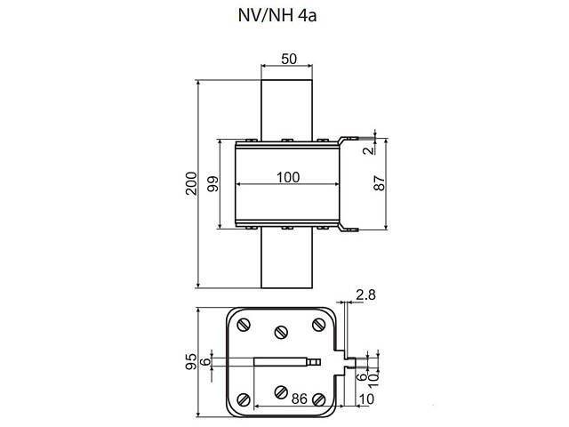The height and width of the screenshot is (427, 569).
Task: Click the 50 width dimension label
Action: (288, 59)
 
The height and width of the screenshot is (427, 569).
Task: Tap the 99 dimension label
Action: (212, 184)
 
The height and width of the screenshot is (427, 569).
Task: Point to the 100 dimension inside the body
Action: (286, 177)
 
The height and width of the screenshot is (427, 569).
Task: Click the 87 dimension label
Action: (380, 184)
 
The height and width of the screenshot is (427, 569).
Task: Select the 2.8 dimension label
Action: (365, 294)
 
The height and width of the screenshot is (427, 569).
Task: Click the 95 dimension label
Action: (189, 361)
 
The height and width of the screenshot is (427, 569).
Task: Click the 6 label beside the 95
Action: (205, 361)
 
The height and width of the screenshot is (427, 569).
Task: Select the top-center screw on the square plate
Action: (282, 332)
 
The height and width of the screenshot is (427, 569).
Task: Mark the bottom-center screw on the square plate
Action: (282, 391)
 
